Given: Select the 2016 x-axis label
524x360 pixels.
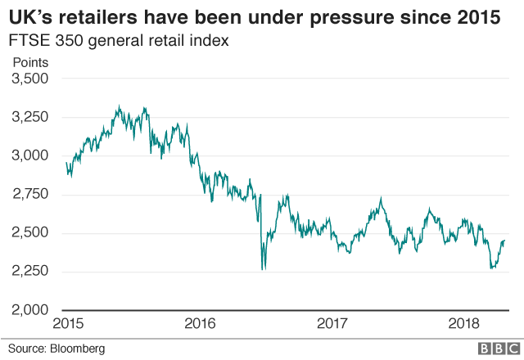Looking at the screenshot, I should pos(201,324).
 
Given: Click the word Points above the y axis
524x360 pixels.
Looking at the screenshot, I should pos(30,62).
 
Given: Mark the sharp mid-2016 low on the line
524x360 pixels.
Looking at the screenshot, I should pos(262,268).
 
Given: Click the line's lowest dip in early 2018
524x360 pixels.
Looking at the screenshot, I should pos(492,267).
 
